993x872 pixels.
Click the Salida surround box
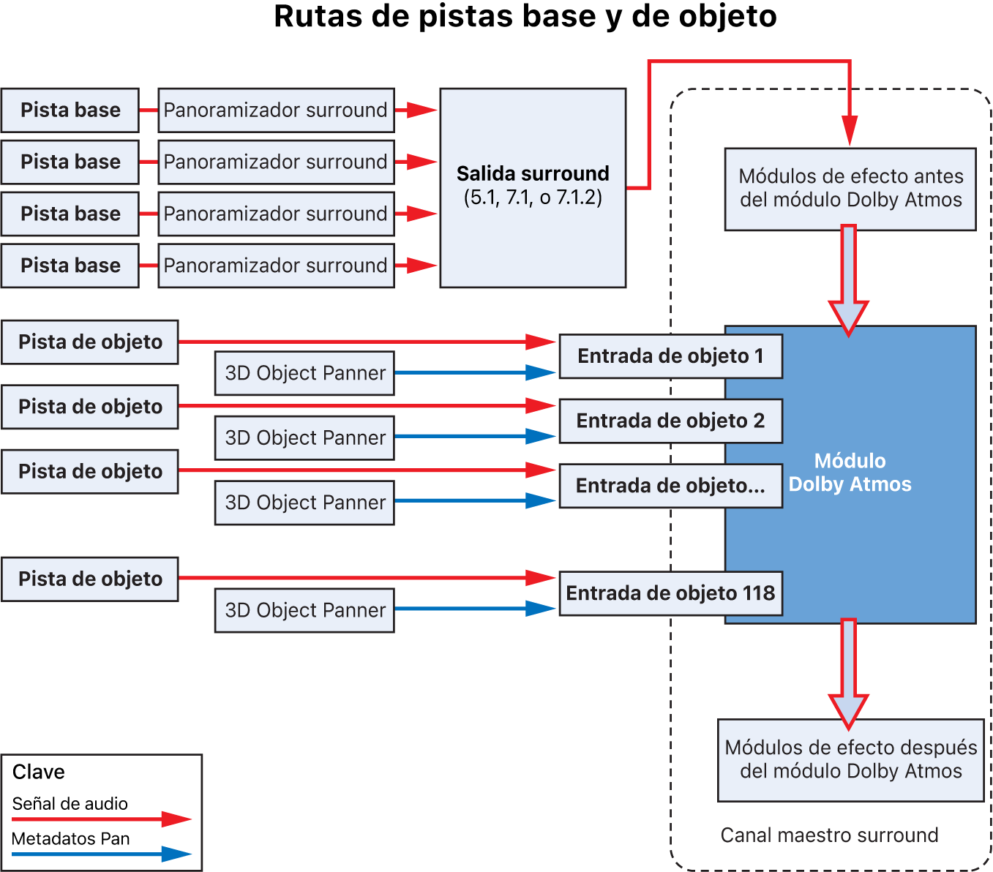[533, 187]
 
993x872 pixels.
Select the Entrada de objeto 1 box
[670, 356]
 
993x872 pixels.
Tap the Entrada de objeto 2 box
[670, 421]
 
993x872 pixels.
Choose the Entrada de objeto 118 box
[670, 593]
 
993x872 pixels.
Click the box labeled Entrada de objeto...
[670, 486]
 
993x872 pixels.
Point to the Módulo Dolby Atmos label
[850, 473]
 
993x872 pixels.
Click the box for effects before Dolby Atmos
[850, 189]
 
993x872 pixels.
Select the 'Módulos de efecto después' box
[850, 759]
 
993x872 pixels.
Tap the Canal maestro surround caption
[829, 835]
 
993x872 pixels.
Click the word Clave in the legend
[39, 772]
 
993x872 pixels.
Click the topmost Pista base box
[70, 110]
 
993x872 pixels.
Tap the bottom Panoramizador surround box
[276, 266]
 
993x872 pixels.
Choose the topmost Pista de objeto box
[90, 342]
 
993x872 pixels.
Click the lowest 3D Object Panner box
[304, 610]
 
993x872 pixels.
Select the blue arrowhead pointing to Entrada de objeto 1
[540, 372]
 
